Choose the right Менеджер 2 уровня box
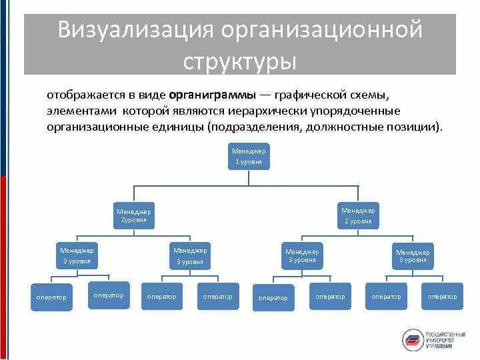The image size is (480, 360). pos(358,215)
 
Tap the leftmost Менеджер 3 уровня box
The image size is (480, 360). pos(77,255)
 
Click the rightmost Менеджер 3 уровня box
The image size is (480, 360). pos(413,256)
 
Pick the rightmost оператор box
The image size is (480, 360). pos(443,296)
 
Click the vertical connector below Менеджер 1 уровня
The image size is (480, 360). pos(249,177)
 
